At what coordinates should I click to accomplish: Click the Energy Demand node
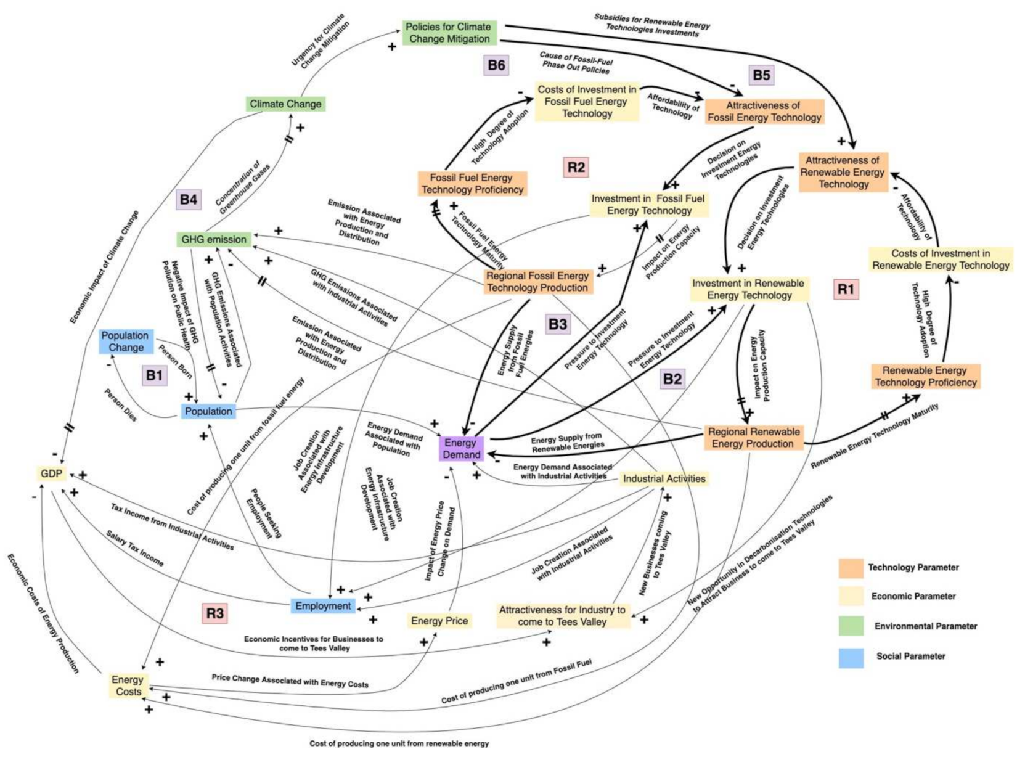click(461, 448)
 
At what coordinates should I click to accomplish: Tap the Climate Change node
click(285, 104)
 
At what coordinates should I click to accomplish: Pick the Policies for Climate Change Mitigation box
click(448, 33)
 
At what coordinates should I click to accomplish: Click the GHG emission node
click(214, 239)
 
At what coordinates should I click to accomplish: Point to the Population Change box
click(126, 342)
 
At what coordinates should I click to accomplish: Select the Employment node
click(323, 606)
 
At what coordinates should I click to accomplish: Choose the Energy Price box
click(439, 621)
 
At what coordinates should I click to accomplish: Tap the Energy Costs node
click(128, 685)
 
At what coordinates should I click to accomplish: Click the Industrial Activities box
click(664, 478)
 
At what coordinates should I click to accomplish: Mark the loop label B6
click(496, 65)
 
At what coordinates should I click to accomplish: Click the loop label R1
click(846, 288)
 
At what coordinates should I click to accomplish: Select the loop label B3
click(557, 324)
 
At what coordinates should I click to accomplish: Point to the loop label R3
click(214, 613)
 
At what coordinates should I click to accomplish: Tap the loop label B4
click(188, 199)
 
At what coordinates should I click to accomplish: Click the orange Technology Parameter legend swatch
click(851, 568)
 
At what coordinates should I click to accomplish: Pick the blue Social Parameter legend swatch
click(851, 657)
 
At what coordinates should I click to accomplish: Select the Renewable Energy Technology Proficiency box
click(925, 376)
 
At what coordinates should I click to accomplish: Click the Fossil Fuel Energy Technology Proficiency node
click(472, 184)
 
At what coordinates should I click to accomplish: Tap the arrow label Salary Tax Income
click(134, 549)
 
